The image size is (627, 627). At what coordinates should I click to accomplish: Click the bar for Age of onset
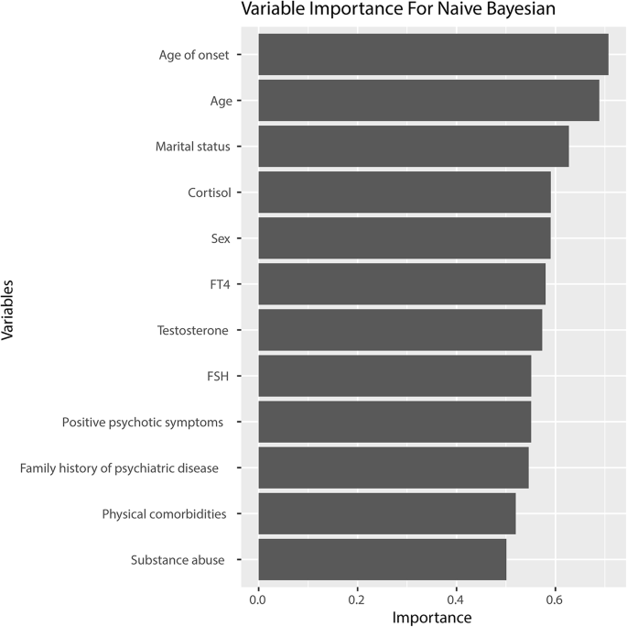coord(433,54)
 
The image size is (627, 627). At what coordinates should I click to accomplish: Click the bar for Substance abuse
coord(383,560)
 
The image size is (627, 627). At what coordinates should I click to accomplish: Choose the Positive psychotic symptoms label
coord(143,423)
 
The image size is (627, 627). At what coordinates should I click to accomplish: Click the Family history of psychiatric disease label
coord(119,468)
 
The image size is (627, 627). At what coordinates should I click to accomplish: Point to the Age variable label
coord(221,101)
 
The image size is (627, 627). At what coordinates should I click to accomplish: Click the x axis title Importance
coord(432,618)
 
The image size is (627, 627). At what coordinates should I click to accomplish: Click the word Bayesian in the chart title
coord(518,12)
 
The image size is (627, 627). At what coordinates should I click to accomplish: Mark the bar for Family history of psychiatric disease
coord(394,468)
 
